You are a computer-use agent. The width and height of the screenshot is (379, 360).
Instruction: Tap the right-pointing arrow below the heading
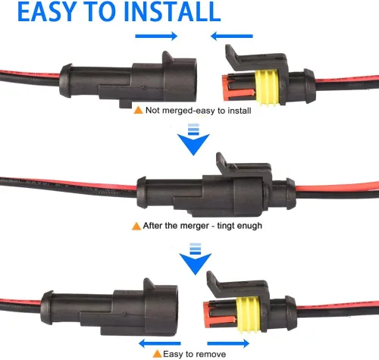tap(155, 36)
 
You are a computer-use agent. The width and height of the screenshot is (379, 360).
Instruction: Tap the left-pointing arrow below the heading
tap(231, 36)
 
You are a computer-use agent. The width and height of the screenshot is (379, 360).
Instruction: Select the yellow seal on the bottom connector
tap(265, 311)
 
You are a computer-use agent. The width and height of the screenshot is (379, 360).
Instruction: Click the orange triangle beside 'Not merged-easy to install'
tap(137, 110)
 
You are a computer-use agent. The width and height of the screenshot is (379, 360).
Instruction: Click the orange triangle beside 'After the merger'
tap(136, 225)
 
